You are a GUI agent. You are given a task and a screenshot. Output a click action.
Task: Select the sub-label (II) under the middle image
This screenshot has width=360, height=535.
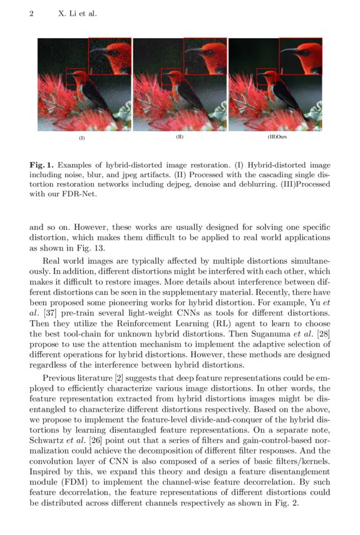[180, 137]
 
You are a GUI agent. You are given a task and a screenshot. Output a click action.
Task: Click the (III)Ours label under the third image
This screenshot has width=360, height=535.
[277, 137]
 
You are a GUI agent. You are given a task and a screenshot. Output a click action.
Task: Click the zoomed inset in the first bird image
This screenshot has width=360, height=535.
[110, 57]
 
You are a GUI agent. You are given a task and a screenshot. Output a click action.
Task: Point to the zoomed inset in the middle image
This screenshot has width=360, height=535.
[205, 57]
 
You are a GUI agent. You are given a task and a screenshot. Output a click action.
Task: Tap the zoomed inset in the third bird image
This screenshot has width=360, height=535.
[301, 57]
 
